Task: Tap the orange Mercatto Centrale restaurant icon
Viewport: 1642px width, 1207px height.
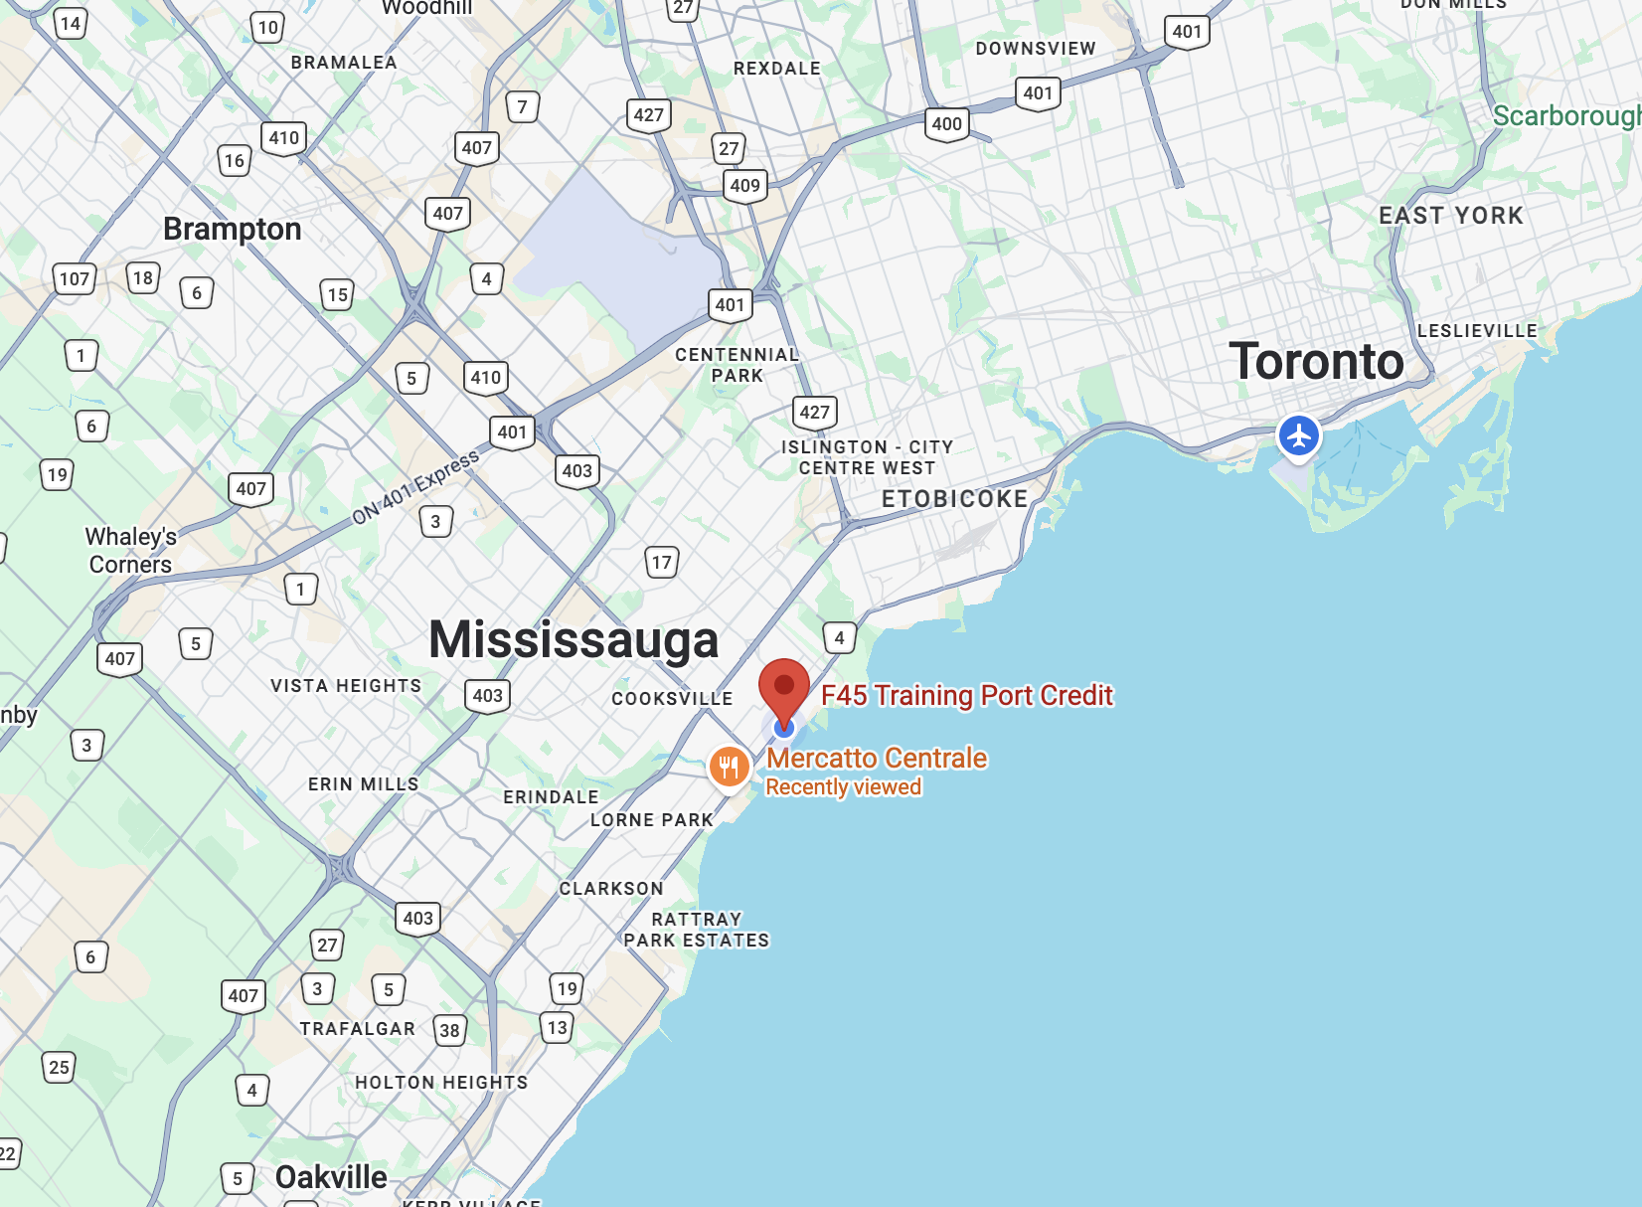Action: tap(730, 767)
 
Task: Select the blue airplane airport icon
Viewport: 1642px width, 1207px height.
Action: tap(1298, 435)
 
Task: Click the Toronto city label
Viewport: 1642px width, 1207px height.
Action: tap(1316, 361)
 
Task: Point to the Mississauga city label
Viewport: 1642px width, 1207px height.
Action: tap(574, 639)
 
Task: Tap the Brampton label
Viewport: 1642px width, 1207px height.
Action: tap(232, 229)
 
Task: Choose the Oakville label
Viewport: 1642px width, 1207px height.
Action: tap(331, 1177)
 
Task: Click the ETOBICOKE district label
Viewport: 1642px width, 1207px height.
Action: tap(954, 499)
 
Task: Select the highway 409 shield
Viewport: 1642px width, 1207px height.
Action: tap(744, 185)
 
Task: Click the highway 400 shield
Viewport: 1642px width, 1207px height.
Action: tap(946, 124)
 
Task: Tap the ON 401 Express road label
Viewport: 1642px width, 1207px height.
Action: tap(415, 486)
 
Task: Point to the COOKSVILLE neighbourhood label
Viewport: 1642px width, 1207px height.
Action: tap(672, 699)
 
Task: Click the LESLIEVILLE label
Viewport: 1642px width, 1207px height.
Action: tap(1477, 331)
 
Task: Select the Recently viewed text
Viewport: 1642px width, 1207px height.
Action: tap(843, 787)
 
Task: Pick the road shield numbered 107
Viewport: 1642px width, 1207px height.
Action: tap(75, 279)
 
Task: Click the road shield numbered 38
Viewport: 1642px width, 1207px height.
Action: tap(449, 1030)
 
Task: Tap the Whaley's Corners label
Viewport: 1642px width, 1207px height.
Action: tap(130, 551)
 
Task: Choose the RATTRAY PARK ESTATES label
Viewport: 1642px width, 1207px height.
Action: tap(696, 930)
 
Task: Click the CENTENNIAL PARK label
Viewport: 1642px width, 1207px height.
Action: tap(737, 365)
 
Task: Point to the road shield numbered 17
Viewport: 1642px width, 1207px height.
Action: tap(661, 563)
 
